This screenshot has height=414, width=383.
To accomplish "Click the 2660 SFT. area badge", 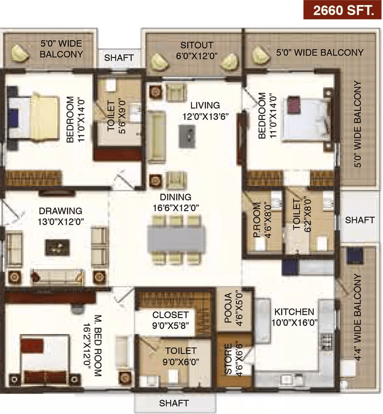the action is pos(343,10).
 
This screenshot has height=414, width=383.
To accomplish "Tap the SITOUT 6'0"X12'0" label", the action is pos(197,51).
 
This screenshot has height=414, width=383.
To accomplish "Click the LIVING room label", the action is pos(205,111).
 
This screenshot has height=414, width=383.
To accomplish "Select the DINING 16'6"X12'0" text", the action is pos(176,202).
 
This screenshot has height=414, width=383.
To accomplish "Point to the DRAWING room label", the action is pos(61,216).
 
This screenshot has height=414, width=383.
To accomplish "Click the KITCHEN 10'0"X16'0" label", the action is pos(294,317).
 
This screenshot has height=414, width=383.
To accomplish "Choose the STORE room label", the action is pos(233,358).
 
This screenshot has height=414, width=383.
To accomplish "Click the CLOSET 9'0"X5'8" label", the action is pos(170,320).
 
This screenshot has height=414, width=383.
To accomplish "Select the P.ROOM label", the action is pos(262,220).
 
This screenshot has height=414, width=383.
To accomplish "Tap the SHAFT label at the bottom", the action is pos(174,403).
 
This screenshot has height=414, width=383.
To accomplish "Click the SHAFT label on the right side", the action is pos(360,220).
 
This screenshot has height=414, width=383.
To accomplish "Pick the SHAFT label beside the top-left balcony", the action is pos(119,58).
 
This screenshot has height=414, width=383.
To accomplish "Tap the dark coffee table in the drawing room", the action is pos(57,247).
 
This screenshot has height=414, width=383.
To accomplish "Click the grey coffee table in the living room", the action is pos(187,136).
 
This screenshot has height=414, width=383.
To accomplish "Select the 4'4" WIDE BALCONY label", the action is pos(357,317).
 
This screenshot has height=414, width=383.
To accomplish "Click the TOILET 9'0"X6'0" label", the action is pos(181,356).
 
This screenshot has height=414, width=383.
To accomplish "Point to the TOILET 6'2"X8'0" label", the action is pos(302,215).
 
